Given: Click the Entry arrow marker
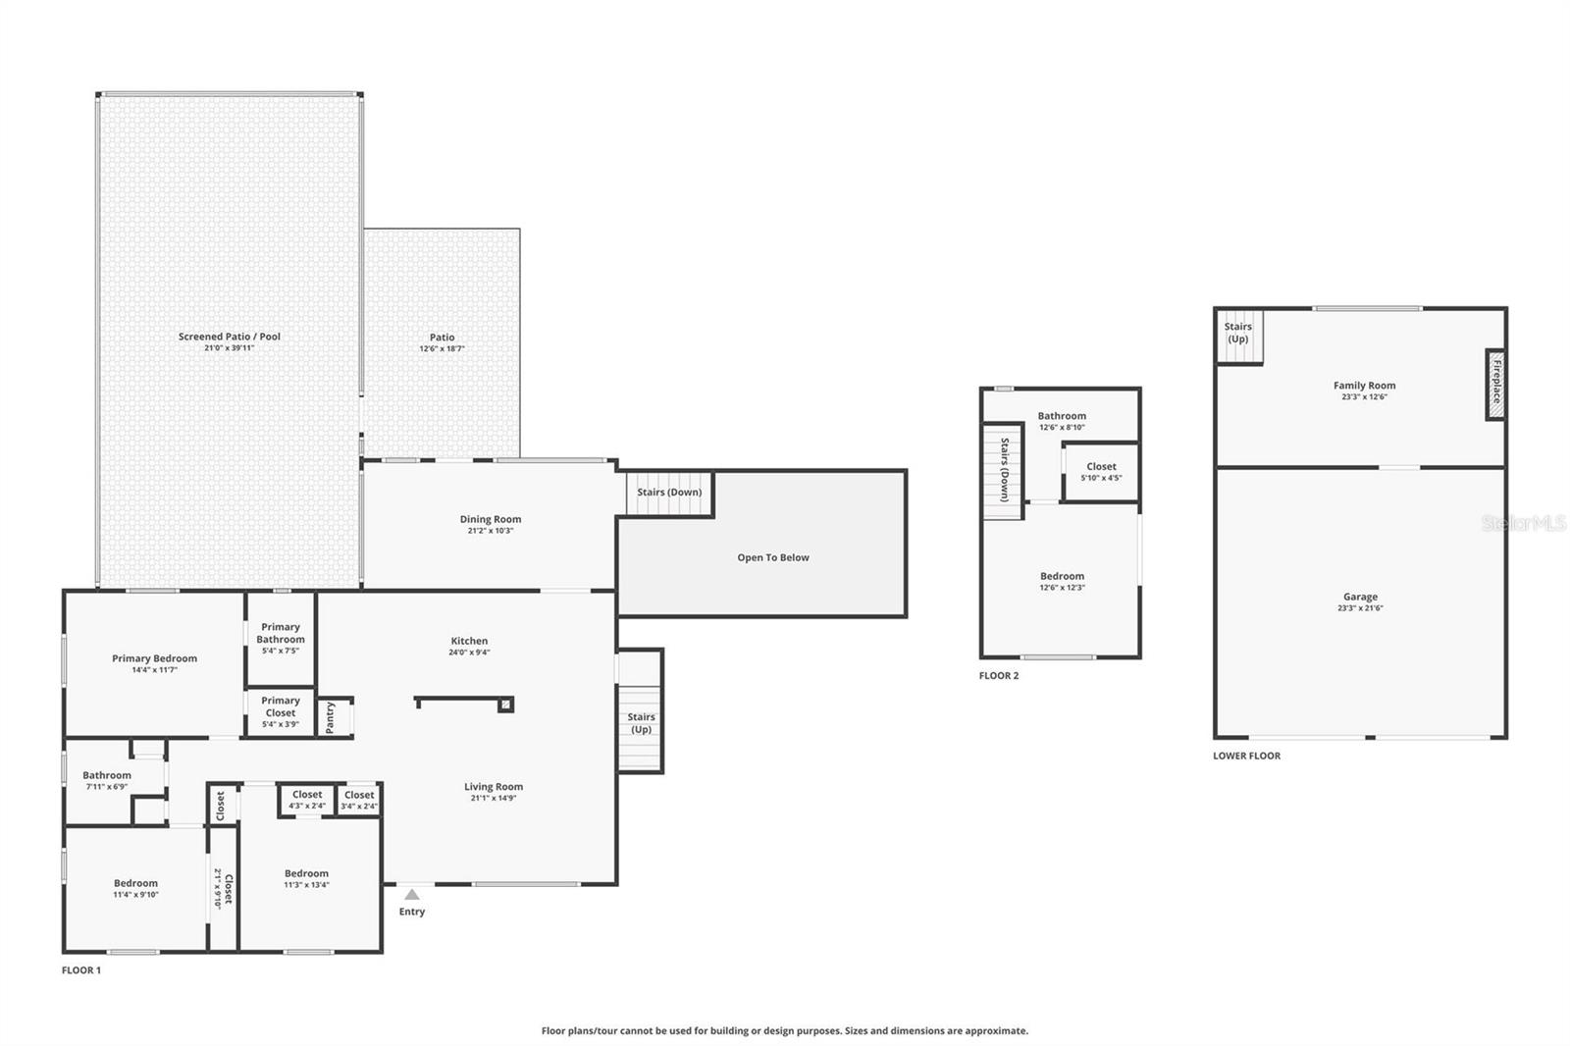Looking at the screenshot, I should point(412,894).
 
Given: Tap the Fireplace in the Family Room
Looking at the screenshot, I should point(1495,385).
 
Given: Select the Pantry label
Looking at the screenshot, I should point(330,716).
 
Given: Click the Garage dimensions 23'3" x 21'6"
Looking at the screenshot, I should point(1360,608).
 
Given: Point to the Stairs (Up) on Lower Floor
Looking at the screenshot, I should point(1238,333).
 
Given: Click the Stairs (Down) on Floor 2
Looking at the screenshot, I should point(1004,470).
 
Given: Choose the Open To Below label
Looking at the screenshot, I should point(773,557).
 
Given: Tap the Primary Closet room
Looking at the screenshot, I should point(281,712).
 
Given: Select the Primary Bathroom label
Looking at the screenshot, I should point(281,633).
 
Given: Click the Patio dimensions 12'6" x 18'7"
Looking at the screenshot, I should point(442,348).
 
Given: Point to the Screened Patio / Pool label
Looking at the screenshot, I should point(229,337).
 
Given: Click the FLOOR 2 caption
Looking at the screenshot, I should point(999,676).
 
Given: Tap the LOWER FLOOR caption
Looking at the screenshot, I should point(1246,756).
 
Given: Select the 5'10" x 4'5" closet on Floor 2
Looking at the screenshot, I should point(1101,473).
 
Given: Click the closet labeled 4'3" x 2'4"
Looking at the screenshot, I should point(307,800).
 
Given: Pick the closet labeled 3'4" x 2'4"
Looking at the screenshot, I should point(359,800).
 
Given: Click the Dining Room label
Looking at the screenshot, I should point(491,519).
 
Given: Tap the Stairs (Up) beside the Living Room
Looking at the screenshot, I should point(641,723).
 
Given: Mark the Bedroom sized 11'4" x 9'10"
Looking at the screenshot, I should point(135,888).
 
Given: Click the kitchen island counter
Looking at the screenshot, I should point(461,701).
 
